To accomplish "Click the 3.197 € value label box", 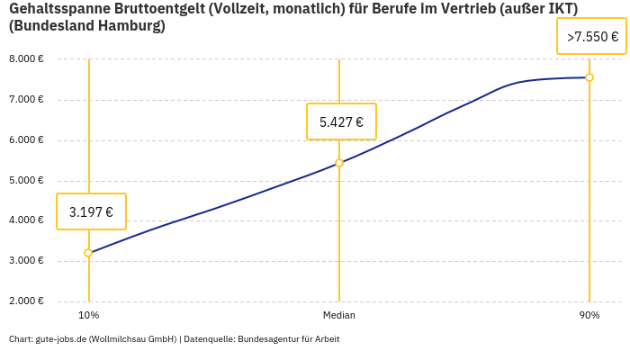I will click(91, 211).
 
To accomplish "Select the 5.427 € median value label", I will click(341, 121).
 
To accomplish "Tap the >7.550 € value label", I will click(592, 37).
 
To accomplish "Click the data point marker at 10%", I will click(88, 253).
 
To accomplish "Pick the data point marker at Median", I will click(339, 163).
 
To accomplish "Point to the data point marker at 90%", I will click(589, 77).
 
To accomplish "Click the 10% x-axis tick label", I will click(88, 315).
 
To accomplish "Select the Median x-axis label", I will click(339, 315).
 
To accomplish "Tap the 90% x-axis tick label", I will click(589, 315).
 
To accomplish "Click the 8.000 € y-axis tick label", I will click(26, 58).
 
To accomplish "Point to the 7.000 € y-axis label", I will click(26, 99).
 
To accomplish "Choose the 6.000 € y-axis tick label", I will click(26, 139).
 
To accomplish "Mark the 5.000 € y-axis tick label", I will click(26, 180).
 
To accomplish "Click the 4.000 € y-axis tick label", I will click(26, 220).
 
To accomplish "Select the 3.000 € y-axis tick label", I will click(26, 261).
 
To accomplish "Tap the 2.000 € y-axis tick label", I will click(26, 301).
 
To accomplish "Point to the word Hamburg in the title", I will click(132, 26).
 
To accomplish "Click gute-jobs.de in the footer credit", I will click(60, 339).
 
